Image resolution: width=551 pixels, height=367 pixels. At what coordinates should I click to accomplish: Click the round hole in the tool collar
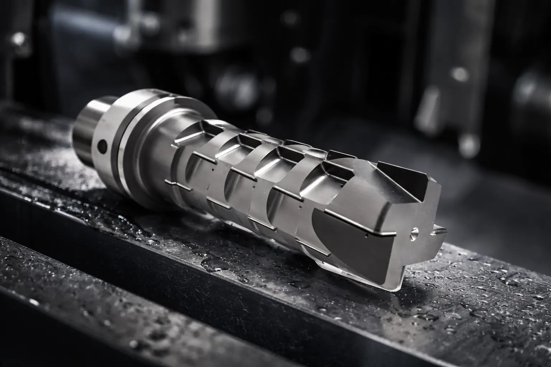[102, 146]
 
